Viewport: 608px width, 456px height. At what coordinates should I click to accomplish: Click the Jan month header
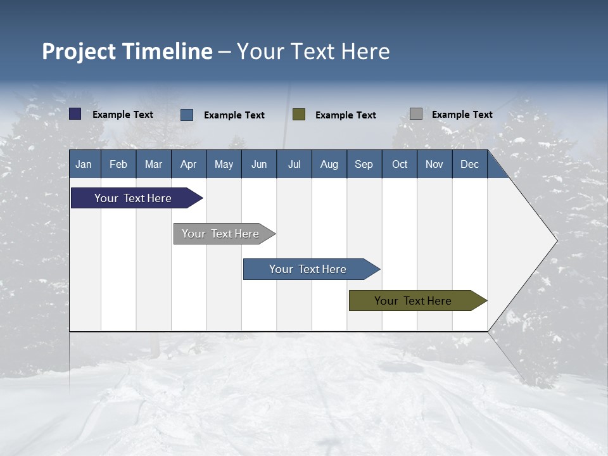pyautogui.click(x=84, y=164)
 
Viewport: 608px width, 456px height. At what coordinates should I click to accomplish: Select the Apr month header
pyautogui.click(x=189, y=164)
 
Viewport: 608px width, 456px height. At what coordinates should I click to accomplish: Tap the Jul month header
pyautogui.click(x=294, y=164)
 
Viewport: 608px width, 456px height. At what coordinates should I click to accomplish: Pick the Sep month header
pyautogui.click(x=364, y=164)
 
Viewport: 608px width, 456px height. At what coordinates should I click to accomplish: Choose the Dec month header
pyautogui.click(x=469, y=164)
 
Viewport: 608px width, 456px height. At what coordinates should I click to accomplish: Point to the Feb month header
pyautogui.click(x=118, y=164)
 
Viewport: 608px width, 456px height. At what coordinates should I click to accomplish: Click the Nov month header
pyautogui.click(x=434, y=164)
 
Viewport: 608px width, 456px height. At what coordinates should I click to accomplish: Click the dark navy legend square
pyautogui.click(x=75, y=114)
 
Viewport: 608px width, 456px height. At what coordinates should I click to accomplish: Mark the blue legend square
pyautogui.click(x=187, y=115)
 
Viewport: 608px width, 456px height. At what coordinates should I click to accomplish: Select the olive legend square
pyautogui.click(x=299, y=115)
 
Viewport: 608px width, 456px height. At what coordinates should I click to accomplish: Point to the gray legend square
pyautogui.click(x=416, y=114)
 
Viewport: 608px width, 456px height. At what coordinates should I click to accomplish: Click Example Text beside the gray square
pyautogui.click(x=462, y=114)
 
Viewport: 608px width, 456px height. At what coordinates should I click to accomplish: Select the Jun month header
pyautogui.click(x=259, y=164)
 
